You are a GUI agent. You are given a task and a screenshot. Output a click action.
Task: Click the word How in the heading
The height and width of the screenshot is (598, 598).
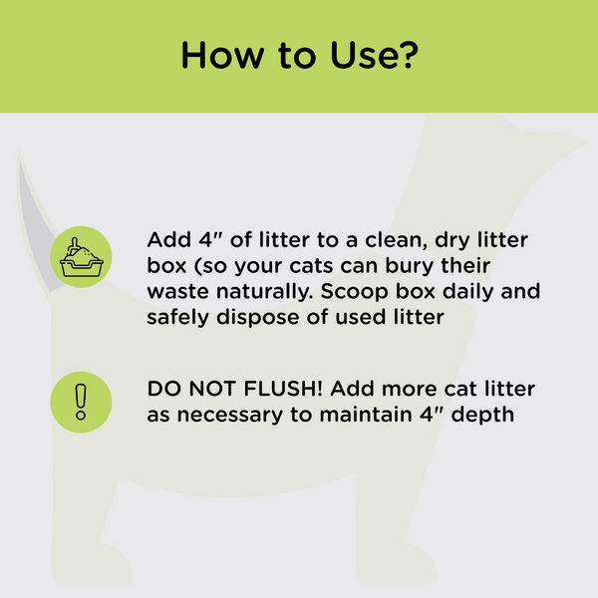215,56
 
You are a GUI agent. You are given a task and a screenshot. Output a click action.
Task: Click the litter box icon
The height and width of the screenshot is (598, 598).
81,257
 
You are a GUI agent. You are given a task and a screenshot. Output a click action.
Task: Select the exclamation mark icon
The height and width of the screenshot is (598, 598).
81,401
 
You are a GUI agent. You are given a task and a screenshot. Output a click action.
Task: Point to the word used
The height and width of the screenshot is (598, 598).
362,319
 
